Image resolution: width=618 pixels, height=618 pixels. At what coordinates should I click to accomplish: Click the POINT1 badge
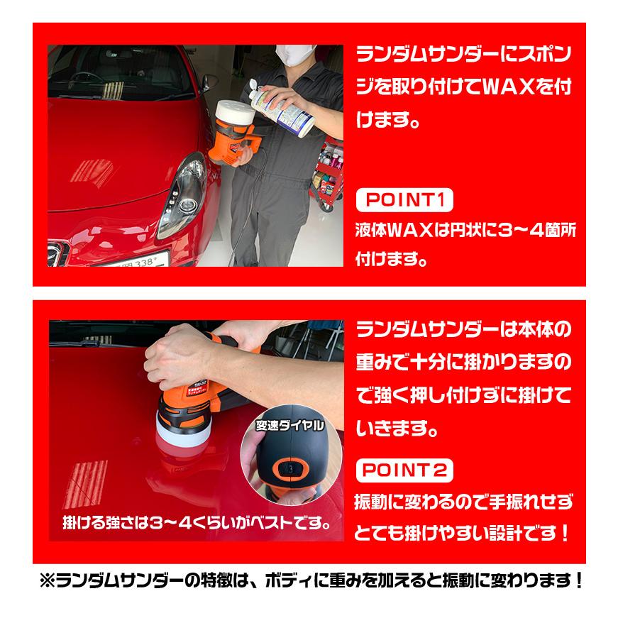pos(402,202)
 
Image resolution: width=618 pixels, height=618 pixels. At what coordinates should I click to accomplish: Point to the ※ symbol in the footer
pos(50,580)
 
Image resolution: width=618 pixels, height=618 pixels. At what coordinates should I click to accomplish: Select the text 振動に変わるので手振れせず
pos(463,502)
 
